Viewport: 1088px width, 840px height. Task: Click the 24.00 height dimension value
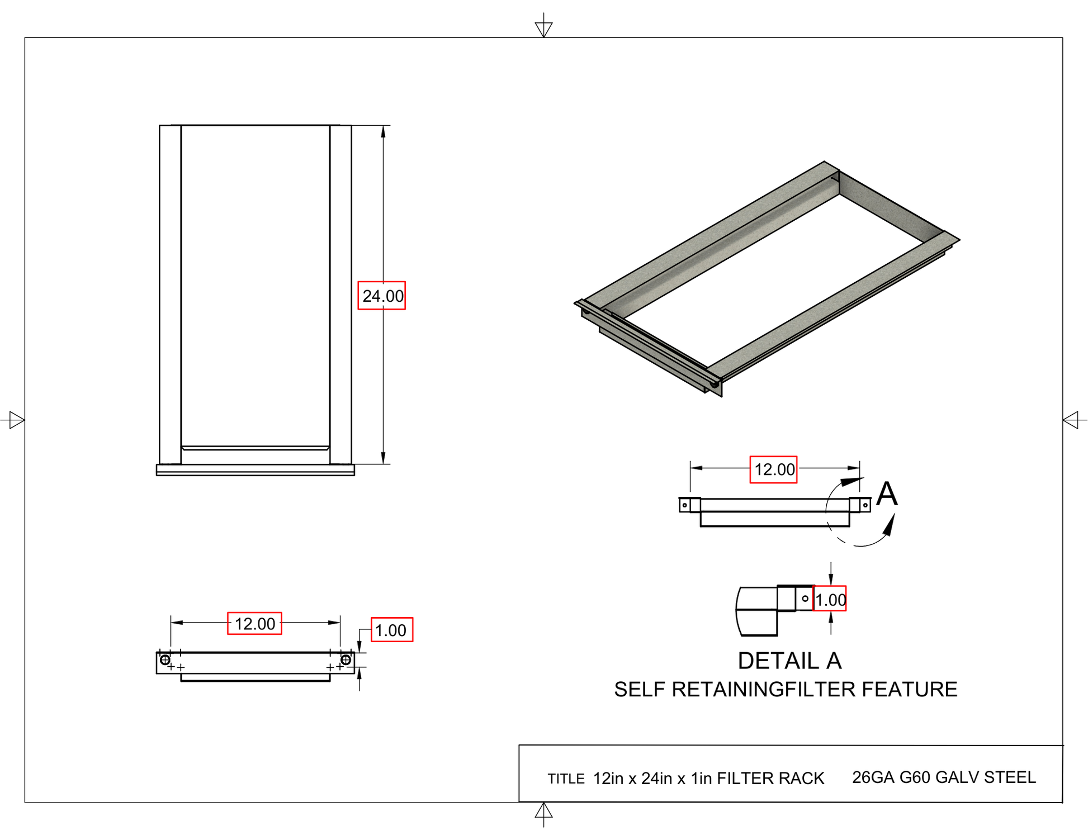coord(382,296)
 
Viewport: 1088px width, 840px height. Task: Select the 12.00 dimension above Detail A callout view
coord(773,469)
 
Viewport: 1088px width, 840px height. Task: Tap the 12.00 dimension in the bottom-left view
coord(254,624)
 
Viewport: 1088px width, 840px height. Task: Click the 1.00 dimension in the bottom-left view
coord(391,630)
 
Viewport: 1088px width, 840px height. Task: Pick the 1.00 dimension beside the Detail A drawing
coord(830,599)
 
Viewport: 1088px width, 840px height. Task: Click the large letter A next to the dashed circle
coord(887,495)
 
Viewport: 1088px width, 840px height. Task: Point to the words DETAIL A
coord(789,661)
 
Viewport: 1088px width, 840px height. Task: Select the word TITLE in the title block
coord(566,779)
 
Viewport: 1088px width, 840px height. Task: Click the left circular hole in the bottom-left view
coord(165,660)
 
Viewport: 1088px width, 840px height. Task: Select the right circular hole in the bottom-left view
coord(346,660)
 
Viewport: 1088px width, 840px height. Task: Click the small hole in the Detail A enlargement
coord(805,599)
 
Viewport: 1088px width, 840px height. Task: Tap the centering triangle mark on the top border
coord(543,29)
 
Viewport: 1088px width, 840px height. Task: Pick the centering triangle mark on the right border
coord(1071,420)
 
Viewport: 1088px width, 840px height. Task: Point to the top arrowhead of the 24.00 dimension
coord(383,131)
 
